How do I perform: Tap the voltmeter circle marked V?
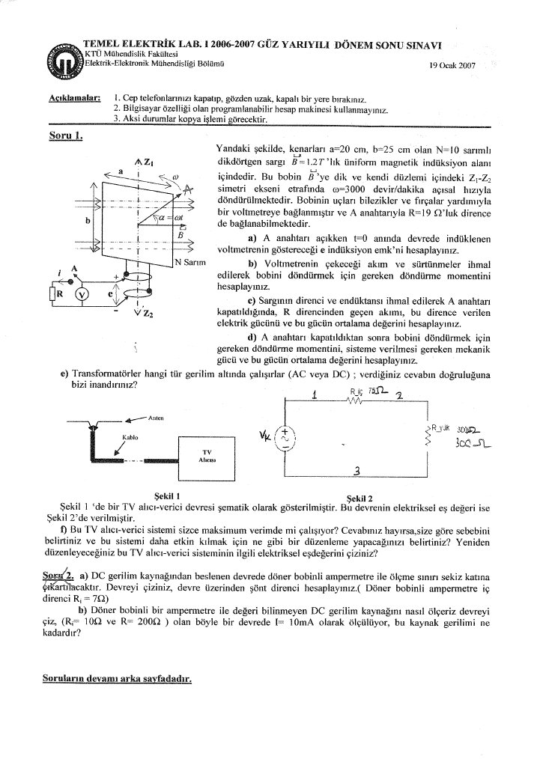83,294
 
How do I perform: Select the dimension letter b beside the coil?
88,221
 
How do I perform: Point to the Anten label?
156,418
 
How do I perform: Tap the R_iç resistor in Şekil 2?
361,400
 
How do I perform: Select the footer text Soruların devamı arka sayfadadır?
117,680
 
